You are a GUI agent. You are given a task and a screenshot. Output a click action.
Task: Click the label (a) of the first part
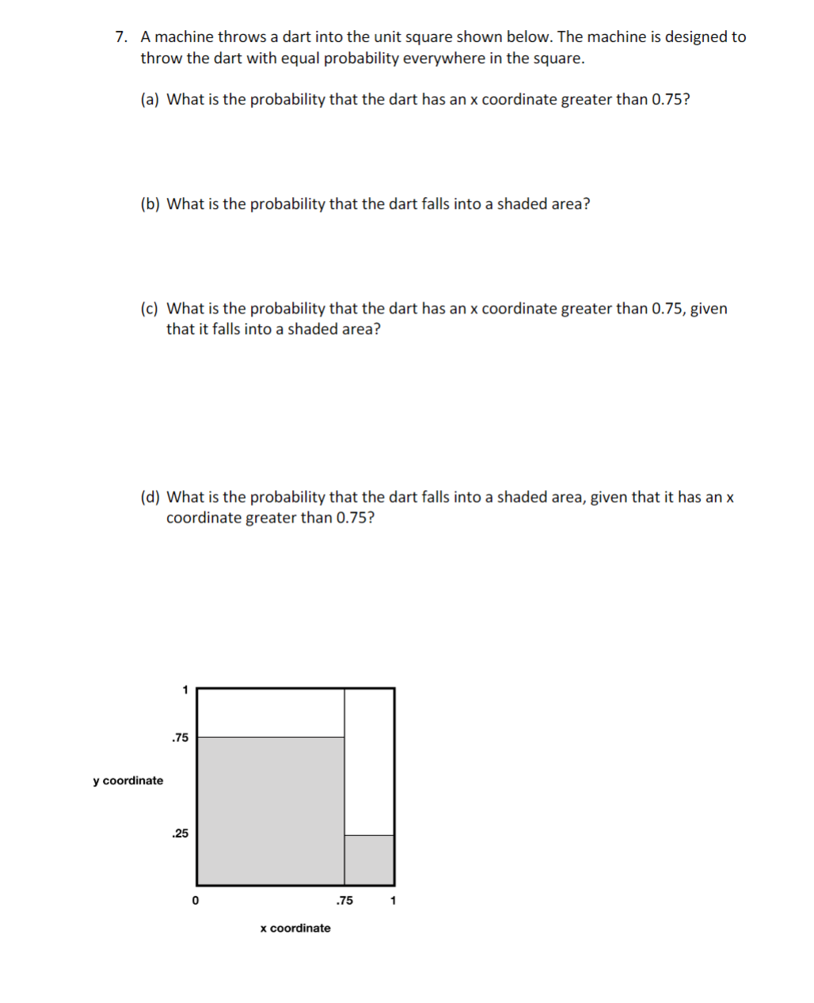[150, 100]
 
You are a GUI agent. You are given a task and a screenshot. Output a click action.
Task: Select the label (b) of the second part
[150, 204]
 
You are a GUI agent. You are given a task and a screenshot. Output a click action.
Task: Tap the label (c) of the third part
[150, 309]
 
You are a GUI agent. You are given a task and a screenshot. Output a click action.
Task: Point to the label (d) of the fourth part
[150, 497]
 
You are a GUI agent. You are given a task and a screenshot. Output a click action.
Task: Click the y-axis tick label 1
[185, 690]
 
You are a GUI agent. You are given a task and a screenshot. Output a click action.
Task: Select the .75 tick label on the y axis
[181, 738]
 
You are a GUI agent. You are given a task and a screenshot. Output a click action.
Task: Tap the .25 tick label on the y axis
[181, 834]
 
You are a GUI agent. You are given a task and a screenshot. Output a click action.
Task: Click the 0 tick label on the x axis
[196, 901]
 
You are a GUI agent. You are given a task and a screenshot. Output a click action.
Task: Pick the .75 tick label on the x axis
[344, 901]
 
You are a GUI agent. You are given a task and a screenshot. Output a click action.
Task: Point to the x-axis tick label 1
[394, 901]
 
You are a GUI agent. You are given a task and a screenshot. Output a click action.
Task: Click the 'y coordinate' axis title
[127, 781]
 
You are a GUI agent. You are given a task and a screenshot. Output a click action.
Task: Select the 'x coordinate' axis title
[295, 929]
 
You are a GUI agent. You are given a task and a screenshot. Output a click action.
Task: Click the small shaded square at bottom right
[369, 860]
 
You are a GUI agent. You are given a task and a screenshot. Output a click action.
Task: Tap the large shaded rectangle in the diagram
[270, 811]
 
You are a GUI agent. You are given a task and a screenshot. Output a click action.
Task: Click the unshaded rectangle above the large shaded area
[270, 712]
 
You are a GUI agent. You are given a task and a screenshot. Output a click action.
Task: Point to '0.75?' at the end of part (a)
[670, 100]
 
